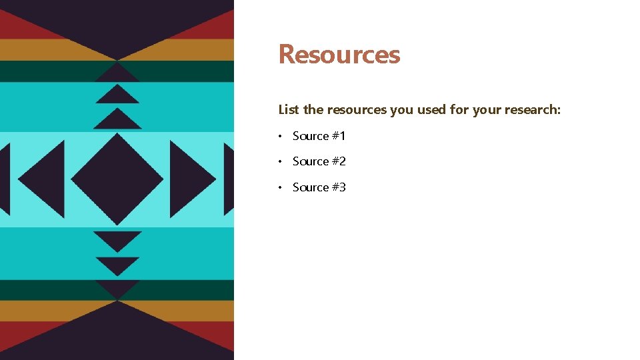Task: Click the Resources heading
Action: click(x=339, y=54)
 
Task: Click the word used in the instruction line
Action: click(x=432, y=109)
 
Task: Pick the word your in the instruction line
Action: click(x=487, y=109)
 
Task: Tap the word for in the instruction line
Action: click(x=459, y=109)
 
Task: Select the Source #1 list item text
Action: click(x=319, y=136)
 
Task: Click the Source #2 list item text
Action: click(x=319, y=161)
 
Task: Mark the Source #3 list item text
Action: click(x=319, y=187)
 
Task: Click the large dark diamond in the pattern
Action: click(x=117, y=179)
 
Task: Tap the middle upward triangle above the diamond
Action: click(x=117, y=95)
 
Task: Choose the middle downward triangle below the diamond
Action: click(x=117, y=264)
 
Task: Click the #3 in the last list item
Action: click(x=339, y=187)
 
